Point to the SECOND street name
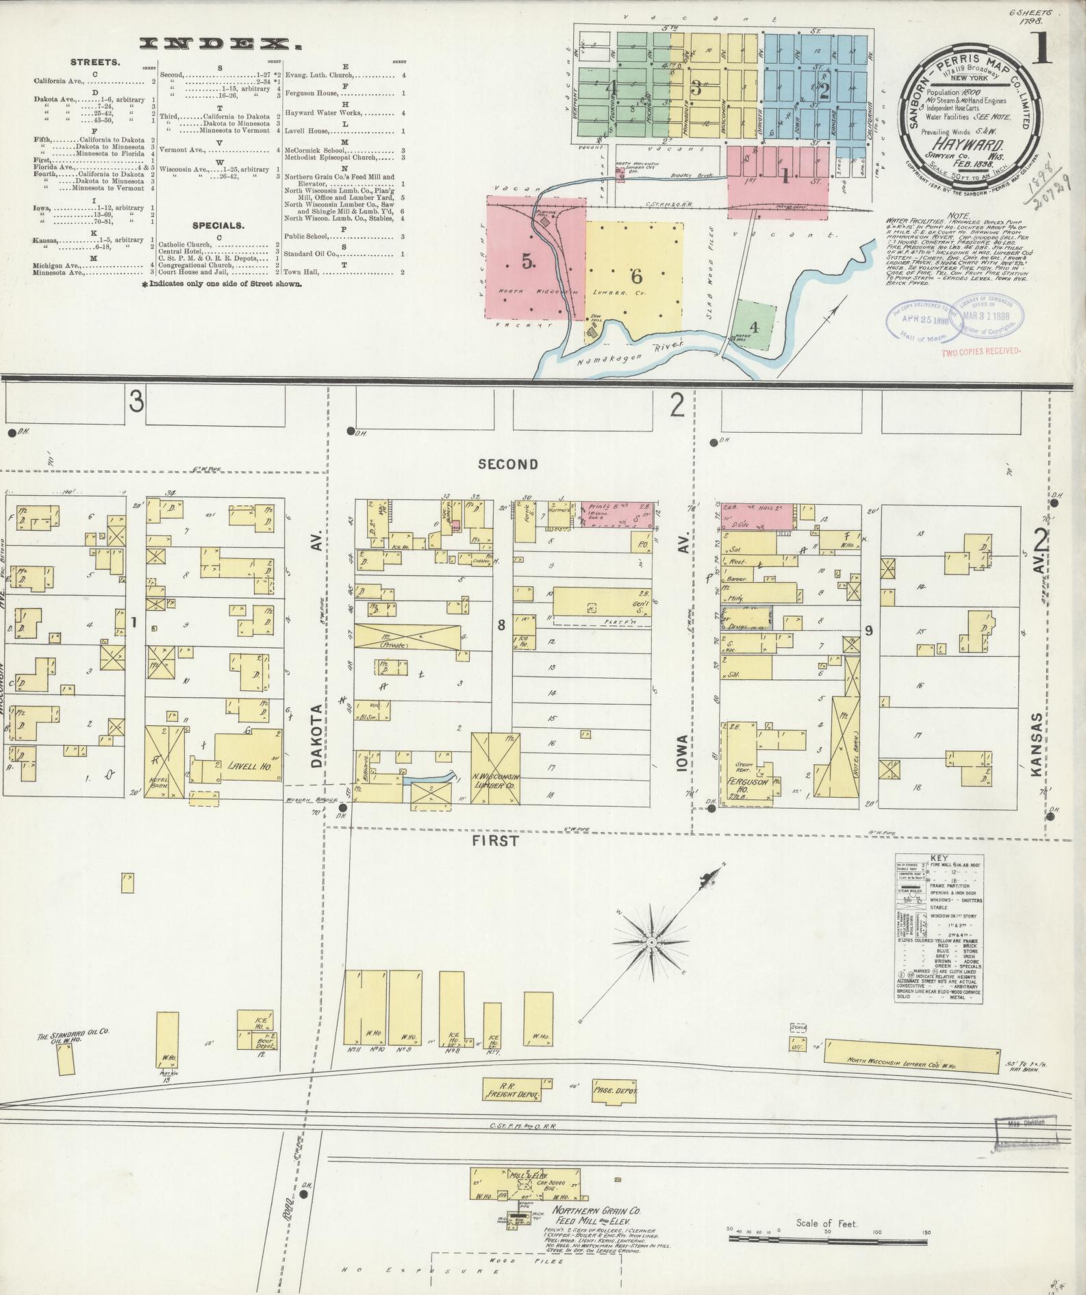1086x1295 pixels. click(508, 464)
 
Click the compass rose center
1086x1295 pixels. click(652, 942)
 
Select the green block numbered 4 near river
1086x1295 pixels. click(754, 327)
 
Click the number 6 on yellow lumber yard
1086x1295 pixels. click(636, 277)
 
